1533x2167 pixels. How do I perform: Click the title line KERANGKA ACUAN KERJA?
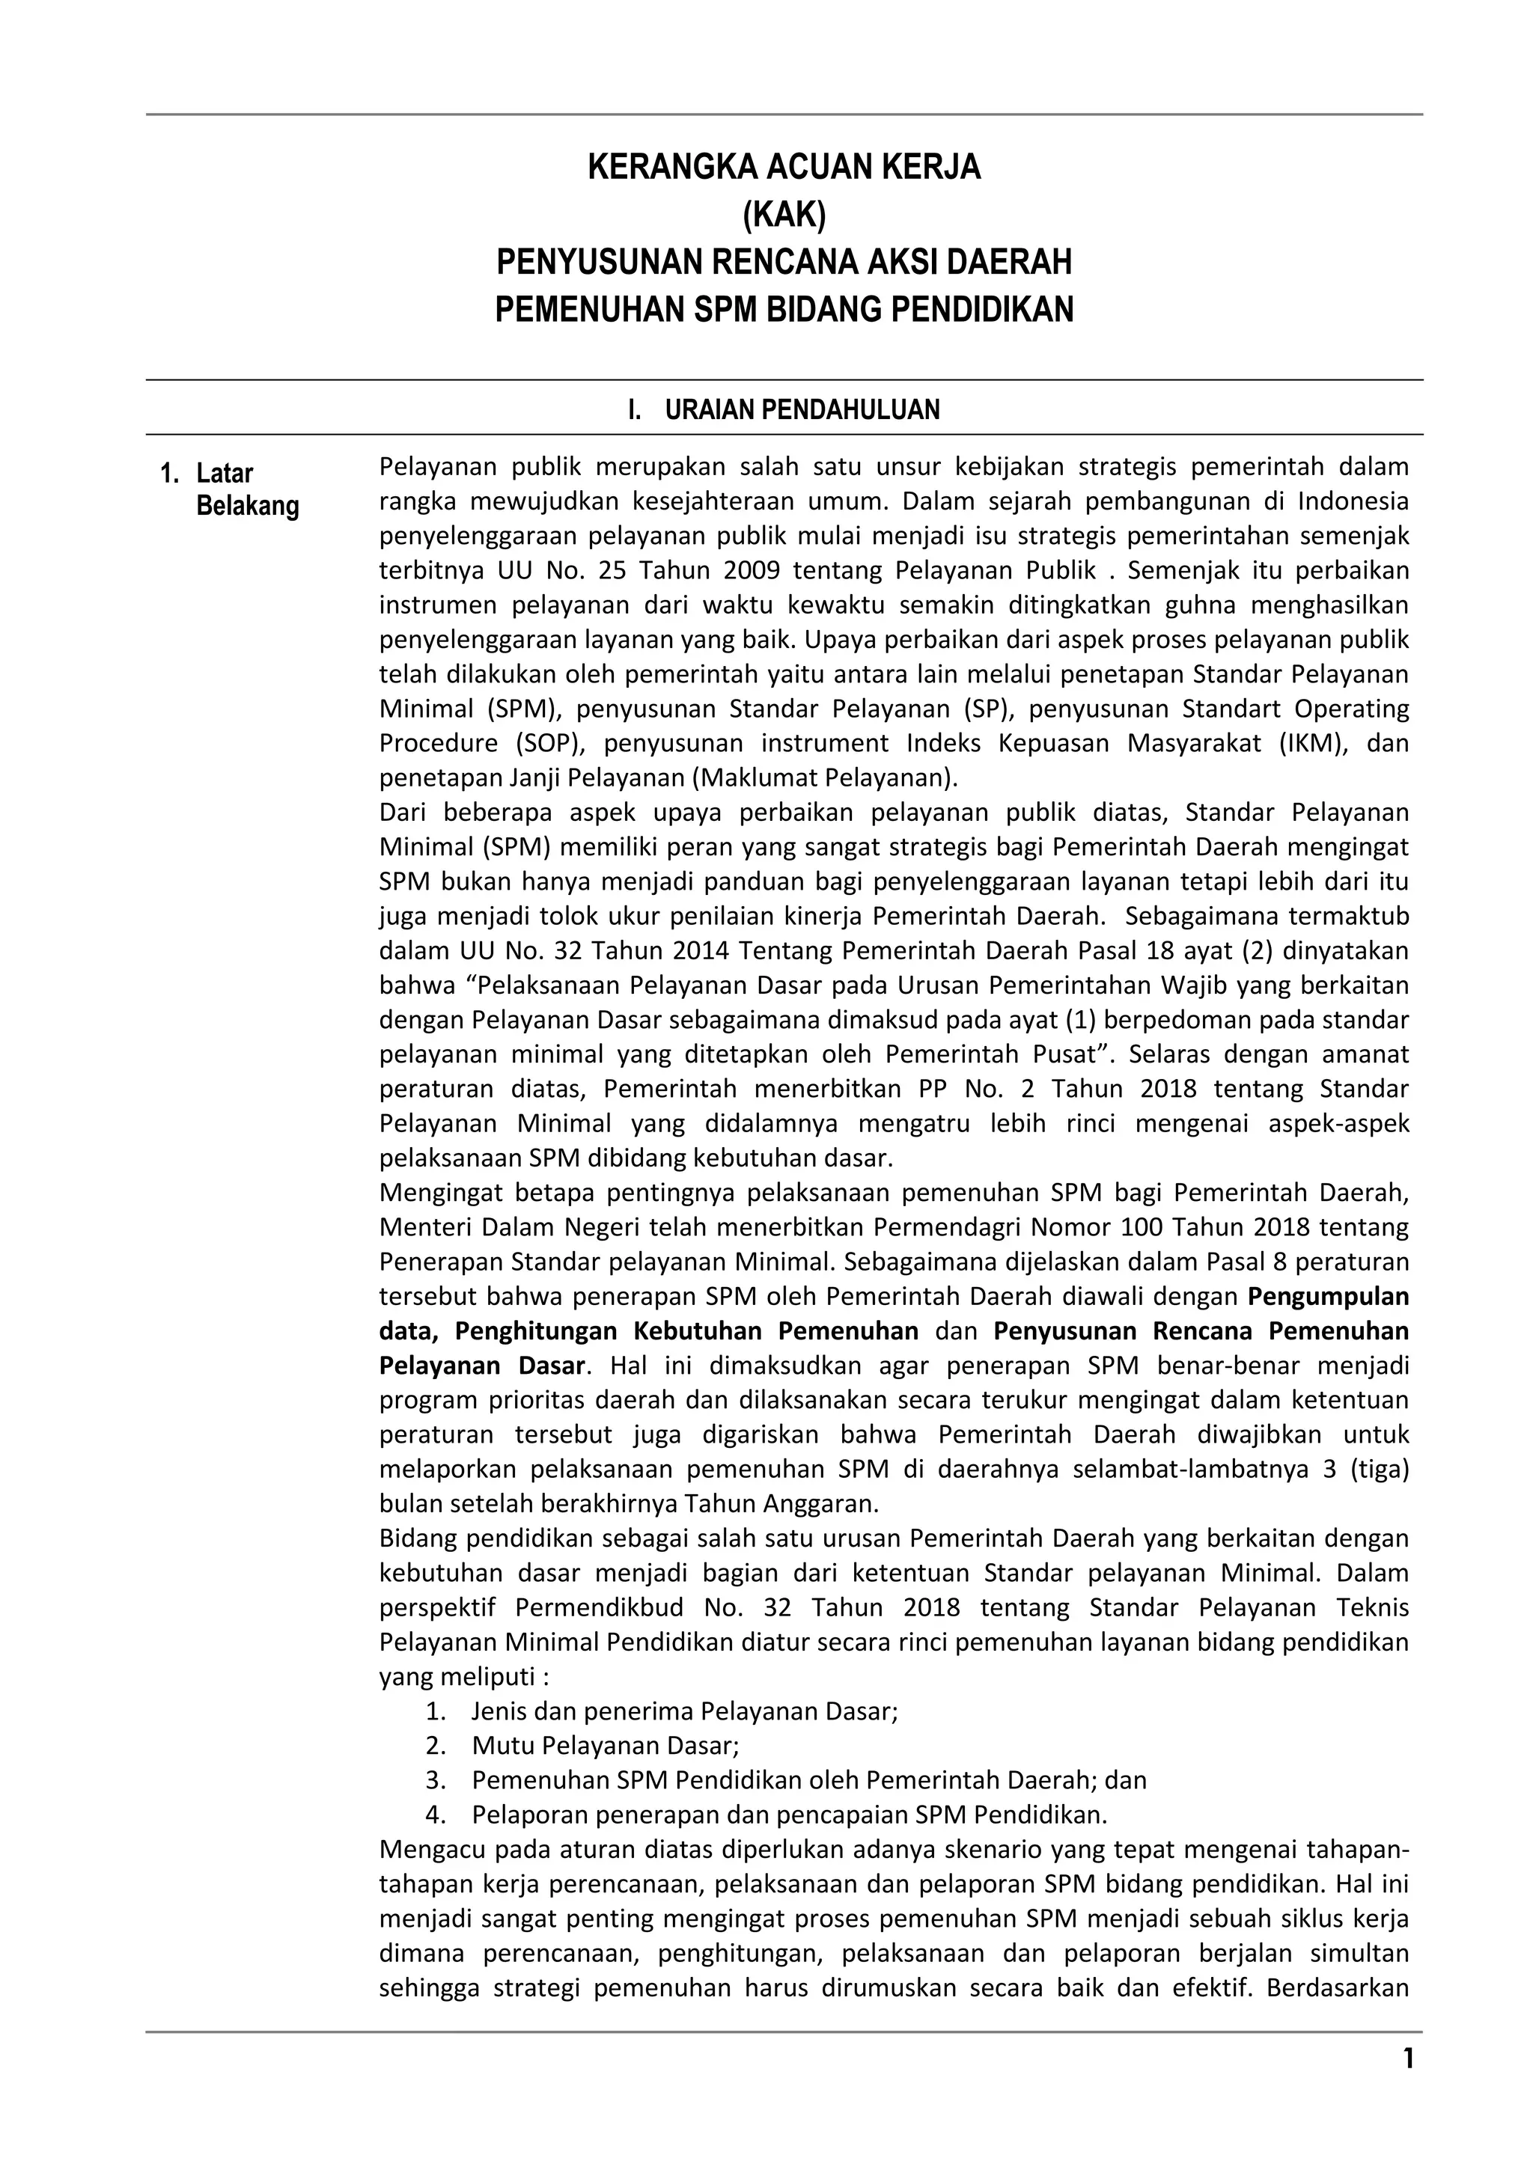[x=784, y=168]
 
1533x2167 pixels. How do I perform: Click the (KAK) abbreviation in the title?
[x=784, y=216]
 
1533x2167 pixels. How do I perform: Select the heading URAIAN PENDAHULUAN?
[x=802, y=409]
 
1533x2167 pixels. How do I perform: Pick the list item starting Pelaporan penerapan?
[x=789, y=1814]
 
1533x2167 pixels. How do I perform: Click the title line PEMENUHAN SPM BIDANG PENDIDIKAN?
[x=784, y=310]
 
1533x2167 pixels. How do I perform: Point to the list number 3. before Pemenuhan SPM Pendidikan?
[x=434, y=1780]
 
